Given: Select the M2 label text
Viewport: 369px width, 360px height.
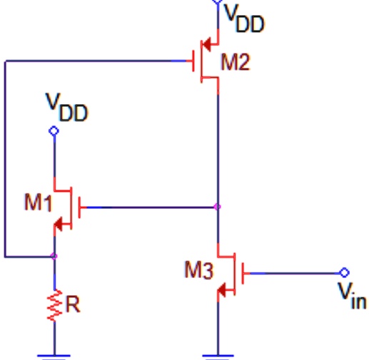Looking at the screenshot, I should pos(236,62).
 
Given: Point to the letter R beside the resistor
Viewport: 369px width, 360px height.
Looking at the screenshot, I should pos(74,305).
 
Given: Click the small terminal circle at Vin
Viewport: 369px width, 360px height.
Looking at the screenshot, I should pos(344,272).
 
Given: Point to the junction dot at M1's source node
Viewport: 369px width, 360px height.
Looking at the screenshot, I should pos(54,255).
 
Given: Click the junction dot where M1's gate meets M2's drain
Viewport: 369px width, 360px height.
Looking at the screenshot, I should pos(218,207).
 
